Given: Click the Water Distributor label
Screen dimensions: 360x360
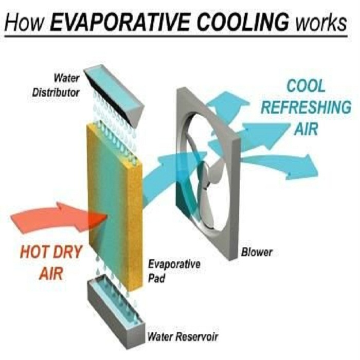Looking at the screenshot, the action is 56,85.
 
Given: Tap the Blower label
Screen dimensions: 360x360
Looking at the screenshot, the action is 257,252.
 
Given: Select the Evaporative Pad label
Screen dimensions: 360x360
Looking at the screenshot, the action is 174,271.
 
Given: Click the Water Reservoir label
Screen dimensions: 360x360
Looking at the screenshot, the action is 183,337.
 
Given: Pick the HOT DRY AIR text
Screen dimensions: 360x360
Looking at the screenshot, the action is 51,262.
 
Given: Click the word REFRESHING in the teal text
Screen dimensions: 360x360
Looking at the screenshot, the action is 307,107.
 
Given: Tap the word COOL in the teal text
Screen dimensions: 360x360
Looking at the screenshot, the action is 306,86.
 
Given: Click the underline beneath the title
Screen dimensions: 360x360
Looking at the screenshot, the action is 176,37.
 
